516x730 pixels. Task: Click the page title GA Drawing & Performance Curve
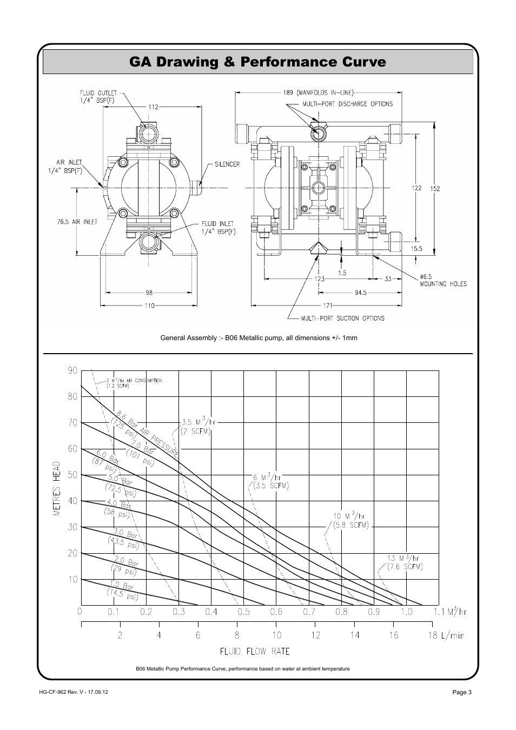click(257, 62)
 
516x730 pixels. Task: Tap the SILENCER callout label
click(227, 164)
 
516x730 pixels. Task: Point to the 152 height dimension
click(434, 189)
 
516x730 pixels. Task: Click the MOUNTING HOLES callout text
click(443, 283)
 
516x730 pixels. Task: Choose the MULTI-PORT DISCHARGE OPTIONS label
click(354, 104)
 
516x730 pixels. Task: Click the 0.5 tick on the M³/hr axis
click(243, 612)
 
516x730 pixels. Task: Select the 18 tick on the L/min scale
click(433, 635)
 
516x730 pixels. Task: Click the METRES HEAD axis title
click(57, 488)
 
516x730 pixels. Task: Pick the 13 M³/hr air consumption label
click(404, 558)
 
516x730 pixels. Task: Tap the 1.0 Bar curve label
click(121, 585)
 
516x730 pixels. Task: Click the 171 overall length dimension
click(328, 306)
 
